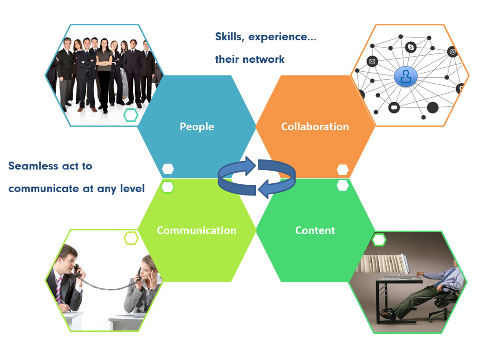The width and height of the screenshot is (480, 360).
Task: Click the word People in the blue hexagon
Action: (196, 127)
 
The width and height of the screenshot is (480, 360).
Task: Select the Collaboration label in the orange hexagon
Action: (315, 127)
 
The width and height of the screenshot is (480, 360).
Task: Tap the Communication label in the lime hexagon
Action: (196, 230)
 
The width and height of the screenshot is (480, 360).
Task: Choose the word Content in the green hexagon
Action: (315, 230)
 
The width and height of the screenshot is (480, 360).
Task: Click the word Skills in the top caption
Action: (228, 37)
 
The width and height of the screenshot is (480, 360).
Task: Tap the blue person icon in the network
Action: (406, 76)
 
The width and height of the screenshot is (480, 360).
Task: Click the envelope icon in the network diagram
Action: (372, 61)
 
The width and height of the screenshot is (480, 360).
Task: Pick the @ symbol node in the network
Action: (452, 52)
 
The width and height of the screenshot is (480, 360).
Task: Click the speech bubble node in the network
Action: (394, 107)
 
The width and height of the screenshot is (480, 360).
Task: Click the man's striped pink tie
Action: (59, 290)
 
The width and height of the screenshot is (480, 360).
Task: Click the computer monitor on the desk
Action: (405, 264)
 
